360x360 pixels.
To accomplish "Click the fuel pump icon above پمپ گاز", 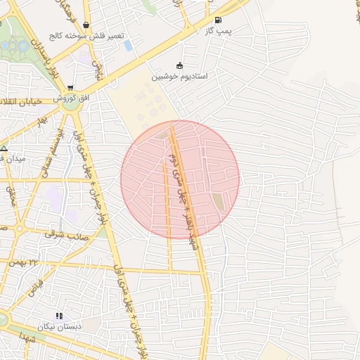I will pyautogui.click(x=217, y=20).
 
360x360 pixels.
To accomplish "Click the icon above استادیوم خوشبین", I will pyautogui.click(x=179, y=66).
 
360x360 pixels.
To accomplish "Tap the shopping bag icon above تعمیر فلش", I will pyautogui.click(x=86, y=25).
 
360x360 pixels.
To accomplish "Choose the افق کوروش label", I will pyautogui.click(x=78, y=98).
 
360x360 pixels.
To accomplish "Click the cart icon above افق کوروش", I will pyautogui.click(x=69, y=87).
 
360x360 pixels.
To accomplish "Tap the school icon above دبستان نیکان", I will pyautogui.click(x=59, y=316).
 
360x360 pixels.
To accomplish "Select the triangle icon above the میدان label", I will pyautogui.click(x=4, y=148).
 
